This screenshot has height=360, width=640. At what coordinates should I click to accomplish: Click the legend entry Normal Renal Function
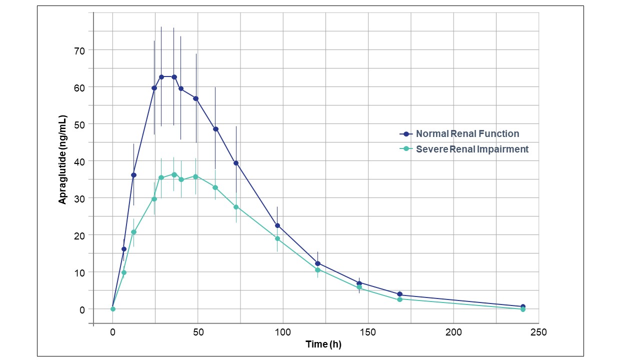tap(467, 134)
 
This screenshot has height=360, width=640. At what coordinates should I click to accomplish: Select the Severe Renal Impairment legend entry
tap(472, 149)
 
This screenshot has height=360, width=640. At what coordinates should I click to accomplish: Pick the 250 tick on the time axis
tap(539, 332)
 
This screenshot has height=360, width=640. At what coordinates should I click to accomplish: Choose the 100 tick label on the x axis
tap(283, 332)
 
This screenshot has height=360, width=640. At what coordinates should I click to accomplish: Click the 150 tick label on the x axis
tap(368, 332)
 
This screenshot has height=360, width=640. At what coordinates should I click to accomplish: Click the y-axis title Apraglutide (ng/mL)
tap(63, 159)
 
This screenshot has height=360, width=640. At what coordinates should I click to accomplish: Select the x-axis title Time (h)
tap(323, 344)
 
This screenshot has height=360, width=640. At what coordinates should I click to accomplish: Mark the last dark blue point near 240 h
tap(523, 306)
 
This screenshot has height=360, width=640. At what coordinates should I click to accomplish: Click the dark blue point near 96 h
tap(277, 225)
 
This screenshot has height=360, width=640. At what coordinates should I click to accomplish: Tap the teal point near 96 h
tap(277, 238)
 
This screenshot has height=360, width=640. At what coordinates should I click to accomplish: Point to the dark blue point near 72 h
tap(236, 163)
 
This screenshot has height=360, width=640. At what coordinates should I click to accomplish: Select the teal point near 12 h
tap(133, 232)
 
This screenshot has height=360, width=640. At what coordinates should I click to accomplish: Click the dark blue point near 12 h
tap(133, 175)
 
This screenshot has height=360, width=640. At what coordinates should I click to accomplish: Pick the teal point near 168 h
tap(400, 299)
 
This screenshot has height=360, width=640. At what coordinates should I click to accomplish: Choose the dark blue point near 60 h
tap(215, 129)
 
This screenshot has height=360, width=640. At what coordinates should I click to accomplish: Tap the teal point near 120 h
tap(317, 270)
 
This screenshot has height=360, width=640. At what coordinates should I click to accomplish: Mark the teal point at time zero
tap(113, 309)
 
